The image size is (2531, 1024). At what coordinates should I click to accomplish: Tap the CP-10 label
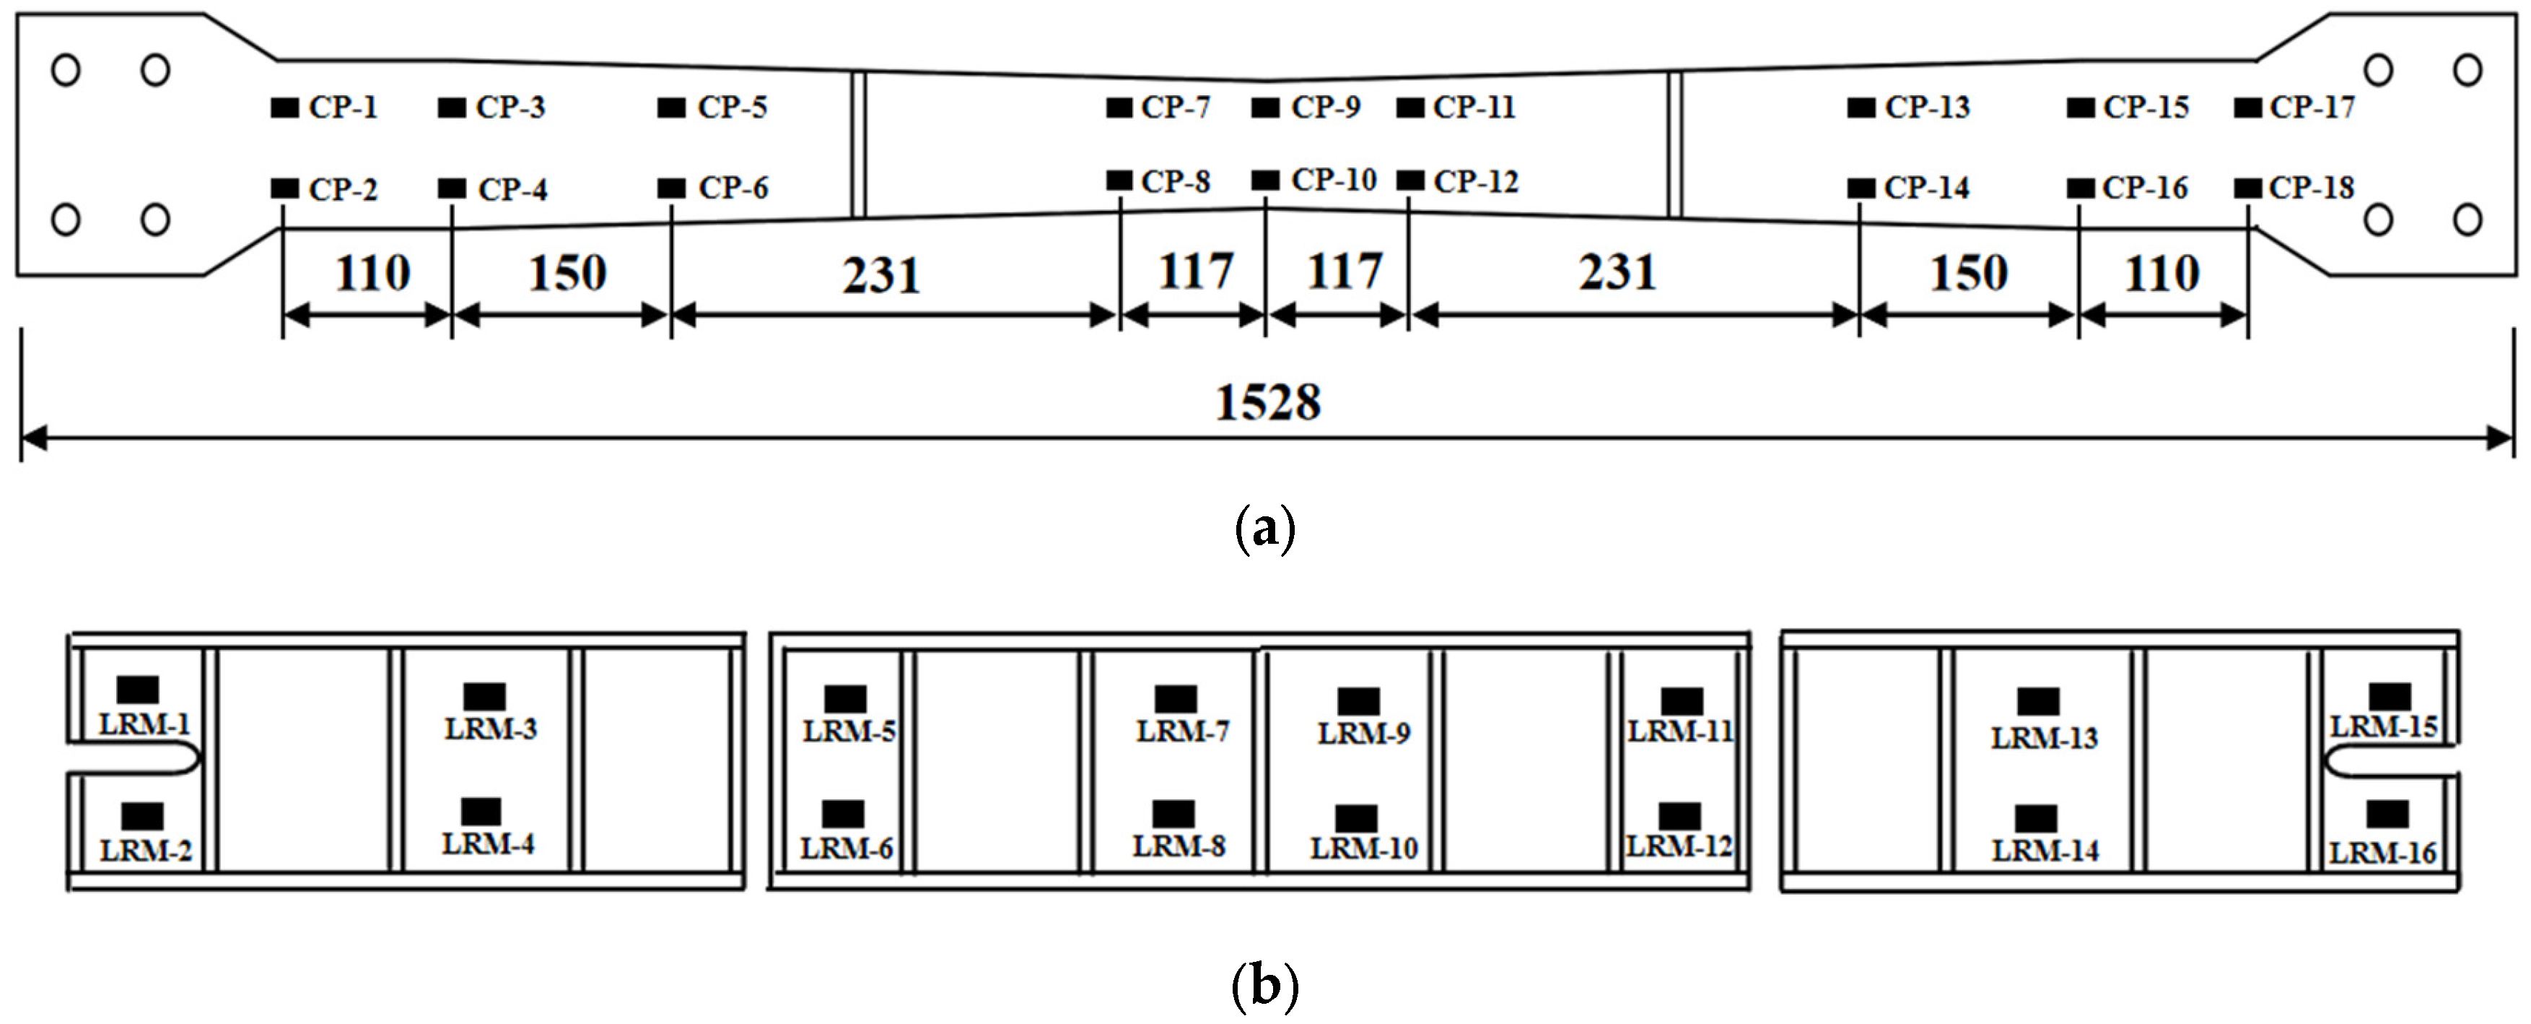[1333, 180]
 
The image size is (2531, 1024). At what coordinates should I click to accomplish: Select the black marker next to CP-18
[2248, 187]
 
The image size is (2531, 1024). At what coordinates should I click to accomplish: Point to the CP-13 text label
[1927, 107]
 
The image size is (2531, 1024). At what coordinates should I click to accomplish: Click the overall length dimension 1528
[1267, 402]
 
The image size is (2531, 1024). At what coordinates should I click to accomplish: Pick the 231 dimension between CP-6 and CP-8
[881, 274]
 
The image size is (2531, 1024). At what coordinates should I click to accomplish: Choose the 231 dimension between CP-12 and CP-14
[1617, 272]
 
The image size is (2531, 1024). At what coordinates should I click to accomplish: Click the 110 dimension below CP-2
[372, 273]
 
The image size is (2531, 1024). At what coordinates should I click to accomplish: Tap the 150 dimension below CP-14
[1968, 273]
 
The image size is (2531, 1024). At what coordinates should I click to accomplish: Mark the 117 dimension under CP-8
[1194, 272]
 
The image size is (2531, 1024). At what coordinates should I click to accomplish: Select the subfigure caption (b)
[1264, 985]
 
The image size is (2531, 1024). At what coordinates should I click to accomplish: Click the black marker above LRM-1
[138, 690]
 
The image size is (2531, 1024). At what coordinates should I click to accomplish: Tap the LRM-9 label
[1364, 733]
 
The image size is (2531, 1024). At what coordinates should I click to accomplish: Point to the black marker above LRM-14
[2036, 817]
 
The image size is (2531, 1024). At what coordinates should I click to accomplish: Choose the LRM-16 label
[2382, 853]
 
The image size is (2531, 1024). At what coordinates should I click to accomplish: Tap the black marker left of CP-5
[671, 107]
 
